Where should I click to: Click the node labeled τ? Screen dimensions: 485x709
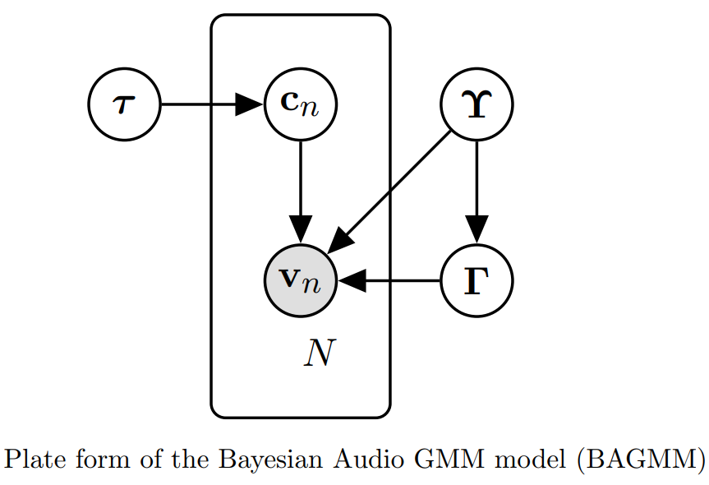pos(124,104)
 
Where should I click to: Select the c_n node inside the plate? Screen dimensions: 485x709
pos(301,104)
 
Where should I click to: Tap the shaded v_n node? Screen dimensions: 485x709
pos(301,280)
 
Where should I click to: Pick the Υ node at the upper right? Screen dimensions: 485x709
pos(477,104)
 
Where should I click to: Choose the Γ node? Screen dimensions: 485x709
pos(477,280)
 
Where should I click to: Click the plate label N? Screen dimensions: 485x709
pos(319,353)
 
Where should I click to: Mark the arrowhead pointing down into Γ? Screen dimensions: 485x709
pos(477,229)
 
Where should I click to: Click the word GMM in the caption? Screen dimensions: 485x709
pos(429,460)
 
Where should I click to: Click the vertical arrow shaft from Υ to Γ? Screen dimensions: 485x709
pos(477,177)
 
